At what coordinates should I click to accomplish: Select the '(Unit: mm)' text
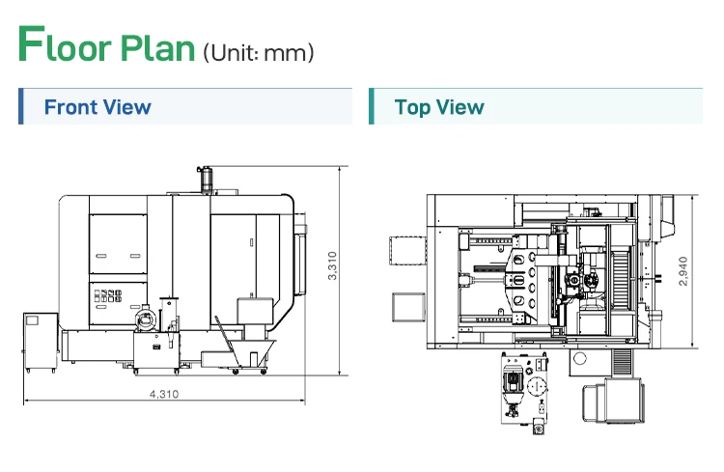[258, 52]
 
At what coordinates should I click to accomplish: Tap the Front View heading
[97, 106]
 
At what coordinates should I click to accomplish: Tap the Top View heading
[439, 106]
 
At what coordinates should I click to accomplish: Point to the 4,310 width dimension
[164, 394]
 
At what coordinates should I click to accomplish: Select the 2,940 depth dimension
[683, 270]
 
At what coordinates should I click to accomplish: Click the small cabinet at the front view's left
[41, 344]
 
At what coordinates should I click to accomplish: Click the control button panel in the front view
[109, 299]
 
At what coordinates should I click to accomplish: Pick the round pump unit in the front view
[146, 318]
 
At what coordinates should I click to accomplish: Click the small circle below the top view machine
[579, 359]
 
